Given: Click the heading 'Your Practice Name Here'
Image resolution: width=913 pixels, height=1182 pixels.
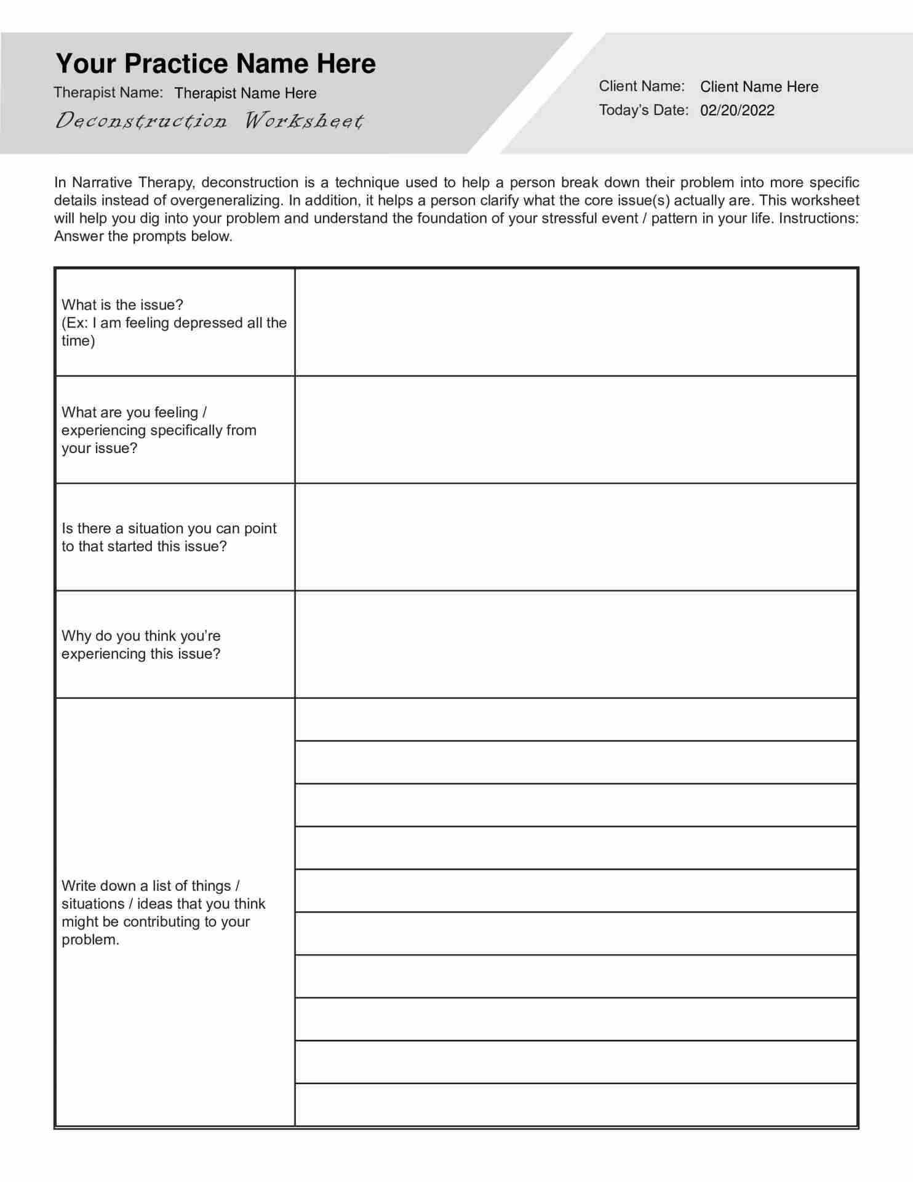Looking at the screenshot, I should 215,64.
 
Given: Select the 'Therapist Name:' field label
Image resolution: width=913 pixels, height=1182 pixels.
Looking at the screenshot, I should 108,92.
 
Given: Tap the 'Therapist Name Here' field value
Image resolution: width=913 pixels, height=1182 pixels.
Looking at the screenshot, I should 245,93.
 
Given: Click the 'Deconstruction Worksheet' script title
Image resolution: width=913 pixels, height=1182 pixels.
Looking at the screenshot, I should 209,120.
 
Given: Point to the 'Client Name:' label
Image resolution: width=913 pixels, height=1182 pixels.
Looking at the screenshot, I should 642,86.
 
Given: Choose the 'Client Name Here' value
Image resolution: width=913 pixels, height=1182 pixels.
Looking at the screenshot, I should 759,87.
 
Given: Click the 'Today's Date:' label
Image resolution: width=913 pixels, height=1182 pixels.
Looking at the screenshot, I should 644,110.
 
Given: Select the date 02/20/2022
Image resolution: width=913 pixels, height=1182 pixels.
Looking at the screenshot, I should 737,111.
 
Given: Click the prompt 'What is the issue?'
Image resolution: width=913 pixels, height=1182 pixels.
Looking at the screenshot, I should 122,305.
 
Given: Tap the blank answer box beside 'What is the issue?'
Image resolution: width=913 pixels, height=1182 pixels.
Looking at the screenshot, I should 576,323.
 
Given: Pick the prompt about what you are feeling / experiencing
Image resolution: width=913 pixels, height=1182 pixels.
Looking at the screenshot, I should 159,430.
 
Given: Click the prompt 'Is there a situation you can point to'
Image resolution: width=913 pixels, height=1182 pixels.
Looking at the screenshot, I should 169,537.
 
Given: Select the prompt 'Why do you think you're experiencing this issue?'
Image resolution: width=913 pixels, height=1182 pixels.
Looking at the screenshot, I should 141,645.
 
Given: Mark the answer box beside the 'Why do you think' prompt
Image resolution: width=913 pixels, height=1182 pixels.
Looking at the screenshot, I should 576,645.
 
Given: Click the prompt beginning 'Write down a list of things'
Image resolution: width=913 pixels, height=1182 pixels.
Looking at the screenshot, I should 163,912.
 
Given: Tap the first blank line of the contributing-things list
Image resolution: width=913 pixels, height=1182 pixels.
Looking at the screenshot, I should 576,720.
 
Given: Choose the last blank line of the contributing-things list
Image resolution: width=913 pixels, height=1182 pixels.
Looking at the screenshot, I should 576,1104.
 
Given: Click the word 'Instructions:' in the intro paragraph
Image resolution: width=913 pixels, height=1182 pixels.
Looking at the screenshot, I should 818,219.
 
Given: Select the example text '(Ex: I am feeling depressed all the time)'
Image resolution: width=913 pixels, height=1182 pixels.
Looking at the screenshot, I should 174,332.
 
